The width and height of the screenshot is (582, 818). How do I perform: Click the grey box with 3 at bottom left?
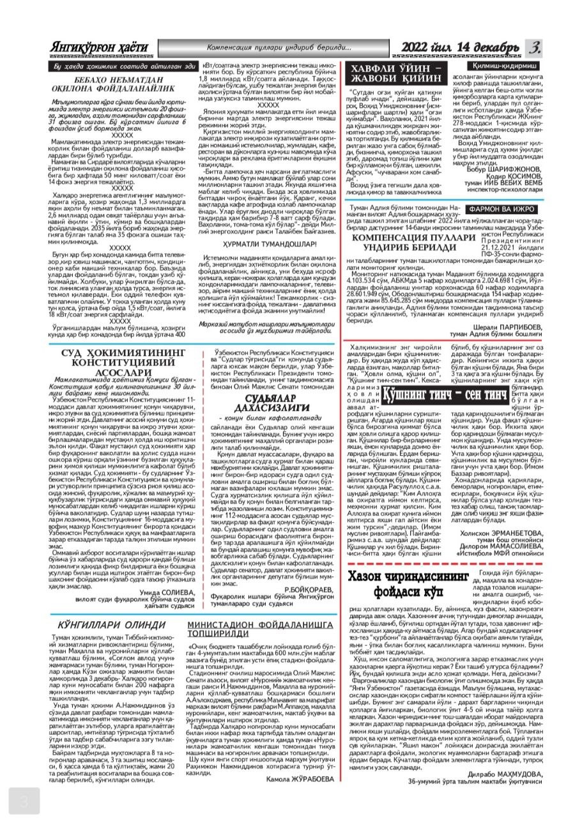click(x=24, y=801)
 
